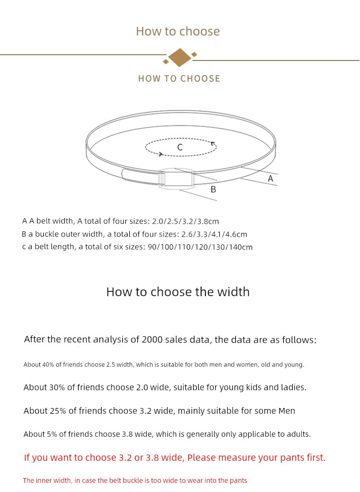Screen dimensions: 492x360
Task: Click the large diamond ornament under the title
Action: [180, 58]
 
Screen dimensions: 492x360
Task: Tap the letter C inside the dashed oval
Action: [180, 147]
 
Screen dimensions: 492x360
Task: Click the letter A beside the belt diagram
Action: [270, 179]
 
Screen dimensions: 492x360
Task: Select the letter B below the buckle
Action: [214, 190]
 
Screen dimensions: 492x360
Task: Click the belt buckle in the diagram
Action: [176, 179]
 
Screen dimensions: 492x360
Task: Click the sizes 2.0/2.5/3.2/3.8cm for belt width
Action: [185, 221]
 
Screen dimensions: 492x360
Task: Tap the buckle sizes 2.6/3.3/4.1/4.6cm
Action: [214, 234]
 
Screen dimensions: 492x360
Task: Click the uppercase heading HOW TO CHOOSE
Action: [179, 79]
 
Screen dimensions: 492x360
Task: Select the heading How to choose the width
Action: [178, 292]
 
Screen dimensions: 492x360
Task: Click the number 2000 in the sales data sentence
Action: [152, 339]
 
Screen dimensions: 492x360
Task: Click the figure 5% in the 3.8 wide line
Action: [52, 434]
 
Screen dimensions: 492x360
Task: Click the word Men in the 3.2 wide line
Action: [287, 411]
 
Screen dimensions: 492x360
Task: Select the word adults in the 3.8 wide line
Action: [297, 434]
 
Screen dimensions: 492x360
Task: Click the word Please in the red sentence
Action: [202, 458]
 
